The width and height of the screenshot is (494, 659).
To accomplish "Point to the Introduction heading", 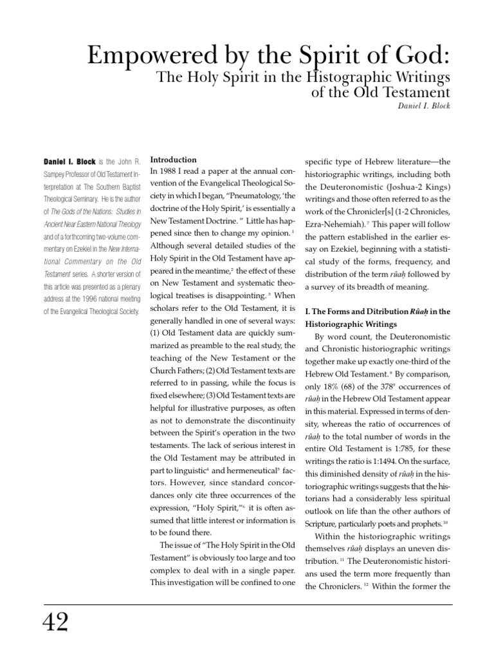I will pos(173,159).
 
